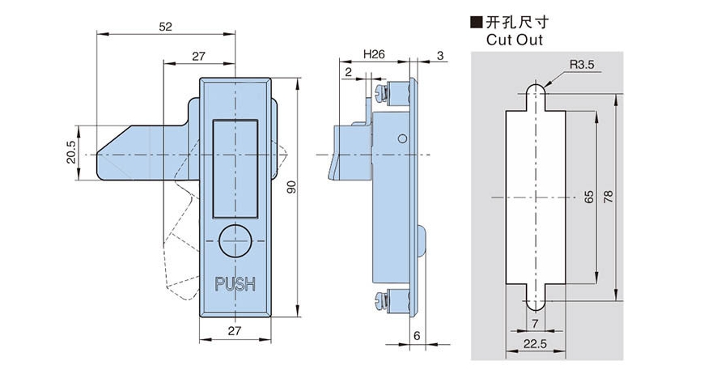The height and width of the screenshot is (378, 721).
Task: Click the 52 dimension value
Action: pos(165,27)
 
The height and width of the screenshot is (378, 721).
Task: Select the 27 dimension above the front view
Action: pos(198,56)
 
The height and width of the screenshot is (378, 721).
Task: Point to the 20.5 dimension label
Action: pos(71,153)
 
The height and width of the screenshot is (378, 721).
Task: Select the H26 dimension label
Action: pos(374,54)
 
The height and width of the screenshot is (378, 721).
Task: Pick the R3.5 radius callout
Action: pos(582,65)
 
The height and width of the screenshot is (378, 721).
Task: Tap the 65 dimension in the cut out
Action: pos(588,197)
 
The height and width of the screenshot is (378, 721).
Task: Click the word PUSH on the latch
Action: pos(235,284)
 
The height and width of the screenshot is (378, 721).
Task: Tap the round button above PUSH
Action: pos(235,241)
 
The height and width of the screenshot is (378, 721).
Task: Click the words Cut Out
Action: pos(515,39)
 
